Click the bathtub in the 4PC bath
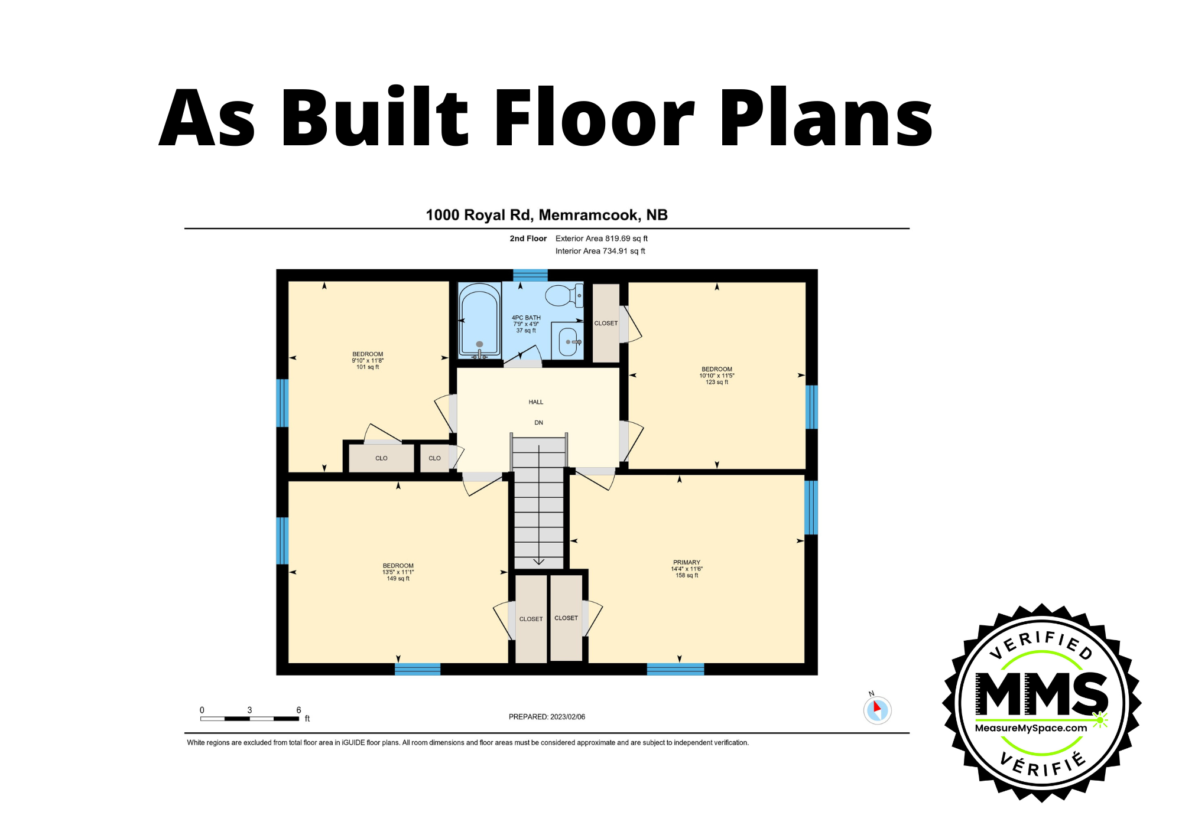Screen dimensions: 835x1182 click(x=479, y=322)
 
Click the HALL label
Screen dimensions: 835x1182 click(x=535, y=402)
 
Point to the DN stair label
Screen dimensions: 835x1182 click(x=538, y=423)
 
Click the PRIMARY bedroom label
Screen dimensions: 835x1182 click(x=686, y=563)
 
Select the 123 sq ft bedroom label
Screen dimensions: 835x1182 click(x=716, y=376)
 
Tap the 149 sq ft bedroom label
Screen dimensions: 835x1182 click(x=398, y=572)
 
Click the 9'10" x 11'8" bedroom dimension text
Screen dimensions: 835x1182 click(x=368, y=361)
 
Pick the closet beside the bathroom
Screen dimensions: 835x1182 click(x=606, y=323)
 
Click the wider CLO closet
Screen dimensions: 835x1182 click(x=381, y=458)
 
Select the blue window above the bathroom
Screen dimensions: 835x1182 click(x=530, y=275)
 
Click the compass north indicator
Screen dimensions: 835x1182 click(x=877, y=709)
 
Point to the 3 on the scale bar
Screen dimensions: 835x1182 click(x=249, y=710)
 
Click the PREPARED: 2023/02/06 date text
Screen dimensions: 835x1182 click(x=547, y=717)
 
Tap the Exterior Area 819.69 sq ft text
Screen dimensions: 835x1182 click(x=601, y=239)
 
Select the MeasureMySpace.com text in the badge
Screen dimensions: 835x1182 click(x=1031, y=728)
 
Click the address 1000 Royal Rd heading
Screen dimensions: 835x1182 click(x=547, y=215)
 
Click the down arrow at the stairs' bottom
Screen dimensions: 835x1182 click(x=538, y=562)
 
